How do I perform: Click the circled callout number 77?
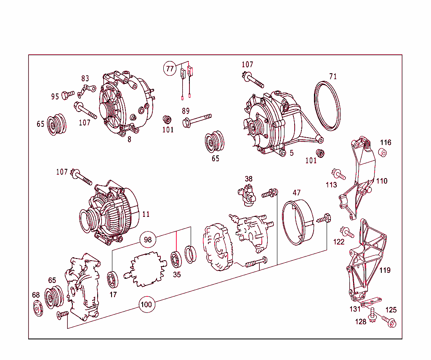pyautogui.click(x=170, y=69)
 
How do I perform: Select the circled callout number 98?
pyautogui.click(x=147, y=240)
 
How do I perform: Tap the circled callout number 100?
pyautogui.click(x=146, y=304)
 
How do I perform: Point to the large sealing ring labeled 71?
pyautogui.click(x=328, y=106)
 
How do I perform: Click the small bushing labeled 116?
pyautogui.click(x=383, y=152)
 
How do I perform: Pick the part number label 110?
pyautogui.click(x=382, y=181)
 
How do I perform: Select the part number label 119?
pyautogui.click(x=385, y=270)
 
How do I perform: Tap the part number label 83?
pyautogui.click(x=85, y=78)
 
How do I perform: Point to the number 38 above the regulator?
pyautogui.click(x=249, y=179)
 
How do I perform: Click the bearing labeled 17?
pyautogui.click(x=113, y=279)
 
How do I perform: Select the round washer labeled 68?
pyautogui.click(x=38, y=309)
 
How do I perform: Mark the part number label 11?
pyautogui.click(x=146, y=214)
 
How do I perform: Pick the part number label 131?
pyautogui.click(x=355, y=309)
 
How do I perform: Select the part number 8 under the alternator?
pyautogui.click(x=130, y=140)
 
